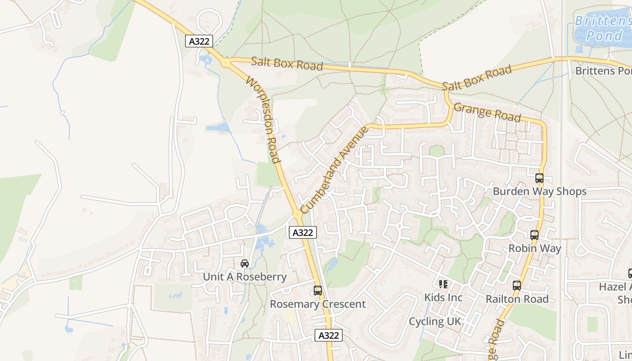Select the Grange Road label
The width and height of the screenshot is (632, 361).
tap(487, 112)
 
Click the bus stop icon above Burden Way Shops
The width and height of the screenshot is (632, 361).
tap(539, 178)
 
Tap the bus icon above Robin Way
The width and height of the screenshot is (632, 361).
tap(534, 235)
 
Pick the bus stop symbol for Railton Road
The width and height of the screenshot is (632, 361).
tap(517, 286)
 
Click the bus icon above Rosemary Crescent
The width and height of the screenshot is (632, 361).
tap(318, 291)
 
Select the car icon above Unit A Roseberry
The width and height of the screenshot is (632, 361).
tap(245, 264)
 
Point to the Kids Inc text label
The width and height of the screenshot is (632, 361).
tap(443, 298)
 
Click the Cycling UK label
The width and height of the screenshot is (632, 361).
tap(435, 321)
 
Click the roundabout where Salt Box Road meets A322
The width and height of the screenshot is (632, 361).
tap(225, 63)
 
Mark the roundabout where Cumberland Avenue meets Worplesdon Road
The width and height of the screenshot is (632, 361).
tap(297, 215)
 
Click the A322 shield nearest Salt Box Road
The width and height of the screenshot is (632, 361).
tap(199, 41)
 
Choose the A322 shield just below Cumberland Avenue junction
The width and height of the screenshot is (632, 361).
tap(302, 232)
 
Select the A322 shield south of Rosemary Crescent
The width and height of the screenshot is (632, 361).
tap(328, 335)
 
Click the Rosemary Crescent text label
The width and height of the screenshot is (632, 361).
tap(318, 304)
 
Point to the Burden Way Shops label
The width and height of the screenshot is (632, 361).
tap(539, 191)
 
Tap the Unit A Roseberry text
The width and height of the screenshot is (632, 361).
tap(245, 277)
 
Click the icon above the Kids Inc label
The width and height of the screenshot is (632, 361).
tap(443, 284)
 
